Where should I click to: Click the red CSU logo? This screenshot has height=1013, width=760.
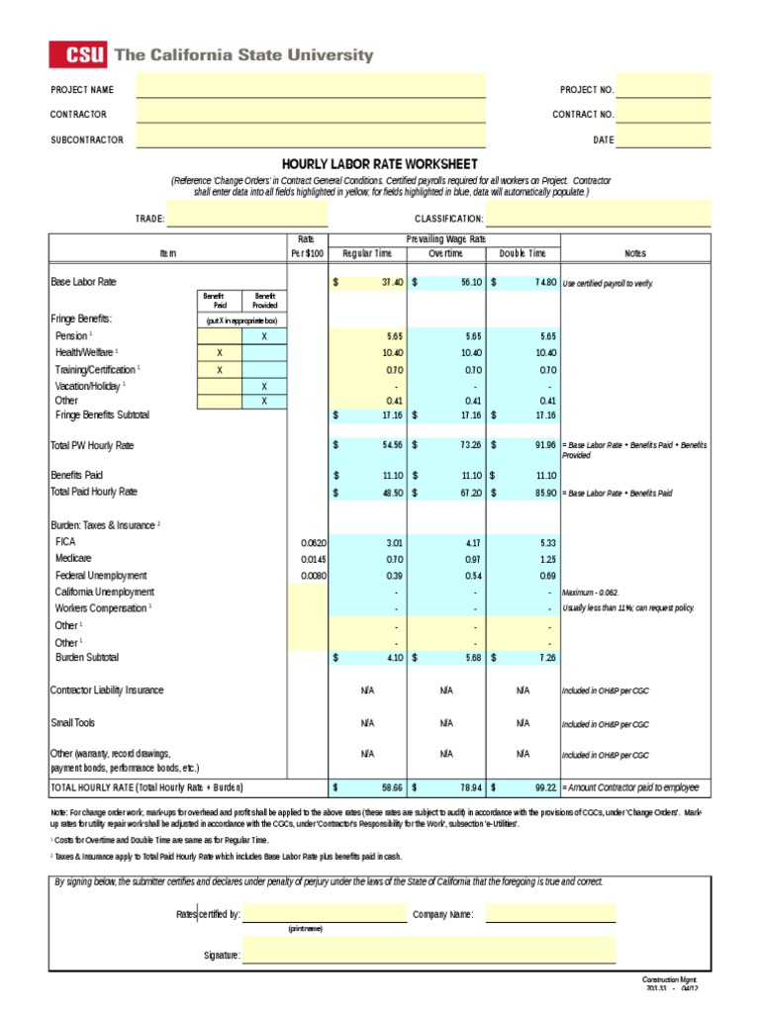click(78, 55)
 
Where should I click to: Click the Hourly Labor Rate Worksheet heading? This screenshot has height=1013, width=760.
click(380, 163)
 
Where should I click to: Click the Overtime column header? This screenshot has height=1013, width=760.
click(445, 254)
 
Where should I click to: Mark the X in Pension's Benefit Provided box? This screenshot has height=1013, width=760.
click(264, 336)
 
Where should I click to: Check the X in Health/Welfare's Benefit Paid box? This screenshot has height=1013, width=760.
click(220, 353)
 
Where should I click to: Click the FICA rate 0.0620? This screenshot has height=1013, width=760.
click(313, 542)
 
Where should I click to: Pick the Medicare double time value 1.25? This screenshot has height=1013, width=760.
click(547, 559)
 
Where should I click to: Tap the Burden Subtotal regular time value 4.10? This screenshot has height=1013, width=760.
click(393, 657)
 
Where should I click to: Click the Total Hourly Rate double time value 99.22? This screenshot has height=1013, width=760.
click(542, 787)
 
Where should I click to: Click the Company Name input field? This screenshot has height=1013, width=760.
click(550, 914)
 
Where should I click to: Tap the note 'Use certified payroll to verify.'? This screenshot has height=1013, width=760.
click(608, 284)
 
